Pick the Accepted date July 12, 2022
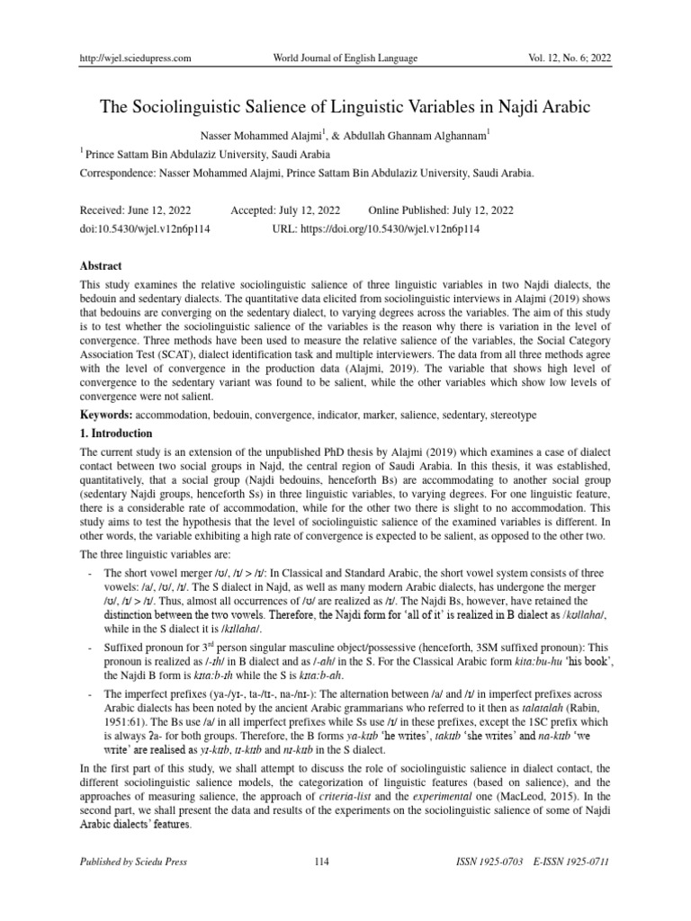313,210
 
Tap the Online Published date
442,210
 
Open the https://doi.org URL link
376,229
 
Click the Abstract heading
102,265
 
